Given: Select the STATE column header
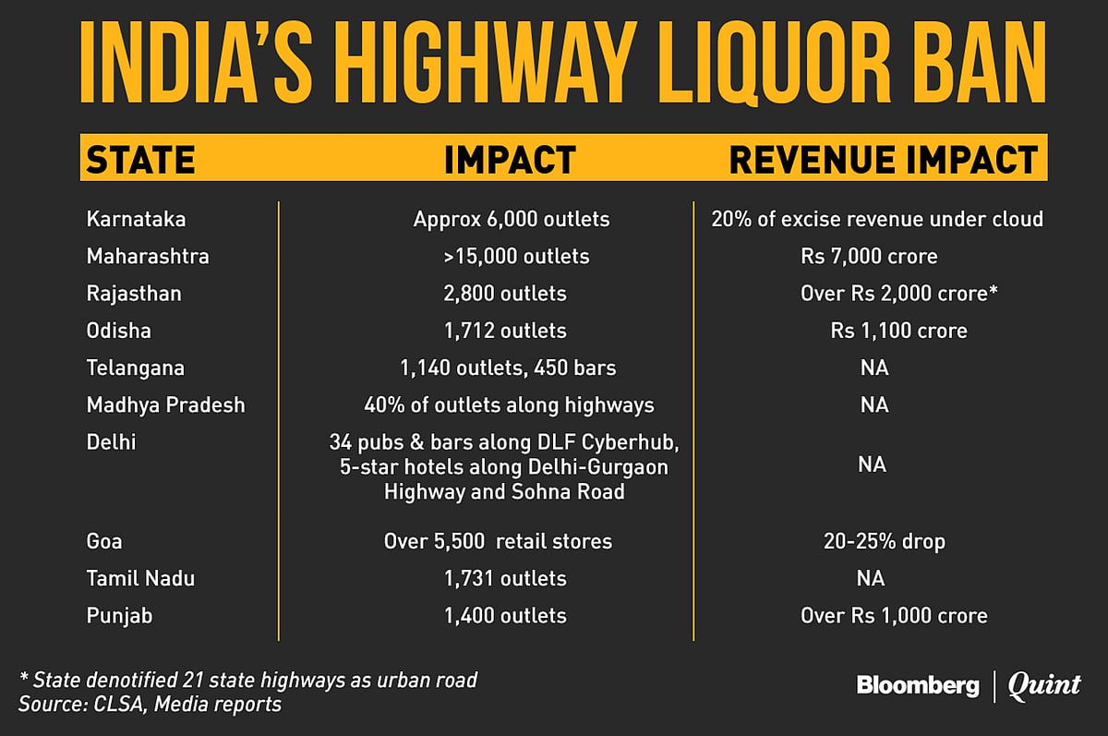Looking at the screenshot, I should (x=140, y=160).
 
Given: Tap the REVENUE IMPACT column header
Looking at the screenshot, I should (x=884, y=160).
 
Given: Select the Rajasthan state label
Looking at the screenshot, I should (x=133, y=294).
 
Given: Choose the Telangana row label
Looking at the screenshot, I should (x=135, y=368).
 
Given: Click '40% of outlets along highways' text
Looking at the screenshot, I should (x=508, y=404).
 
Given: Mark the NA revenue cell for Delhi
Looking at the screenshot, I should (x=872, y=465).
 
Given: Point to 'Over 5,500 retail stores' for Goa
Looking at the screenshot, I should (x=498, y=541).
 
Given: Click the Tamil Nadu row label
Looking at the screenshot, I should (x=140, y=578).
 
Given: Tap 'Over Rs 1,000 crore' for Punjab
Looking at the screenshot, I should (x=894, y=615).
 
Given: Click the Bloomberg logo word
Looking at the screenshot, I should (x=917, y=685).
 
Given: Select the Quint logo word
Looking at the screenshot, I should (x=1043, y=685).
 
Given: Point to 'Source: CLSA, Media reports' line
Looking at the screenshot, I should (x=150, y=705).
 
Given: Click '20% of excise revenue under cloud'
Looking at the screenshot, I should (x=877, y=219).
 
